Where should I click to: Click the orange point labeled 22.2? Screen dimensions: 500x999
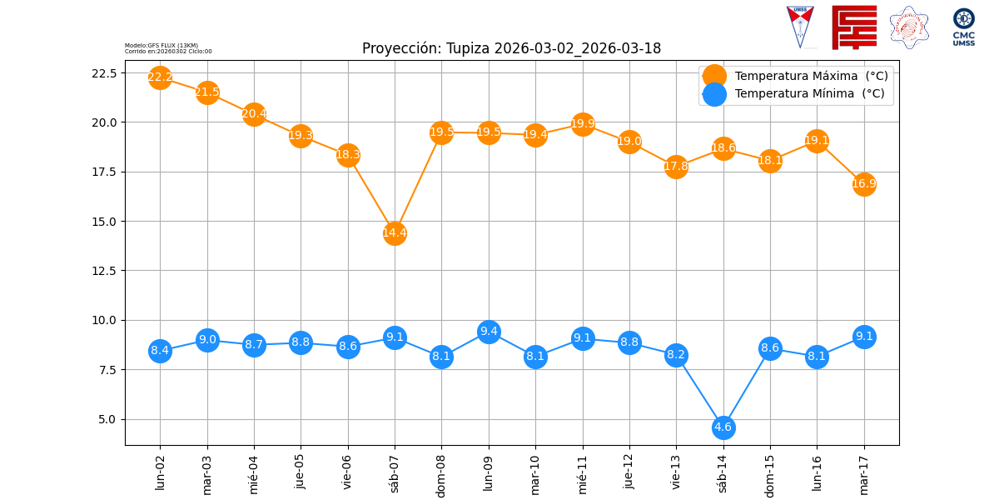coord(160,77)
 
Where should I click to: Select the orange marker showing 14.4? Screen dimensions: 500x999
coord(395,233)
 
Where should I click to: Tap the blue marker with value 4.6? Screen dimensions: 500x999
coord(723,427)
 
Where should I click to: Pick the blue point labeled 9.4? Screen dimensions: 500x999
coord(489,332)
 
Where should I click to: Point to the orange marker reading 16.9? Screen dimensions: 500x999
coord(864,184)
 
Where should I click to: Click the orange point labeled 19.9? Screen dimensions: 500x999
coord(583,124)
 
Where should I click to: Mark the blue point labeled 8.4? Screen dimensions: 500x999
coord(160,351)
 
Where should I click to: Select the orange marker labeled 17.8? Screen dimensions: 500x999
coord(676,167)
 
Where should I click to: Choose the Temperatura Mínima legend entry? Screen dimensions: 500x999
coord(808,94)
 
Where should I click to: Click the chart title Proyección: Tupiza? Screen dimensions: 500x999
coord(511,48)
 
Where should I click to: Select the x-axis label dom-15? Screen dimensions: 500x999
coord(770,472)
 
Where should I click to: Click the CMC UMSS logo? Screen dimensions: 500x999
coord(964,27)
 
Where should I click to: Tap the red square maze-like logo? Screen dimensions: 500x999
coord(854,27)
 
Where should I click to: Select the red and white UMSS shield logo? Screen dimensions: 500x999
coord(800,26)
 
